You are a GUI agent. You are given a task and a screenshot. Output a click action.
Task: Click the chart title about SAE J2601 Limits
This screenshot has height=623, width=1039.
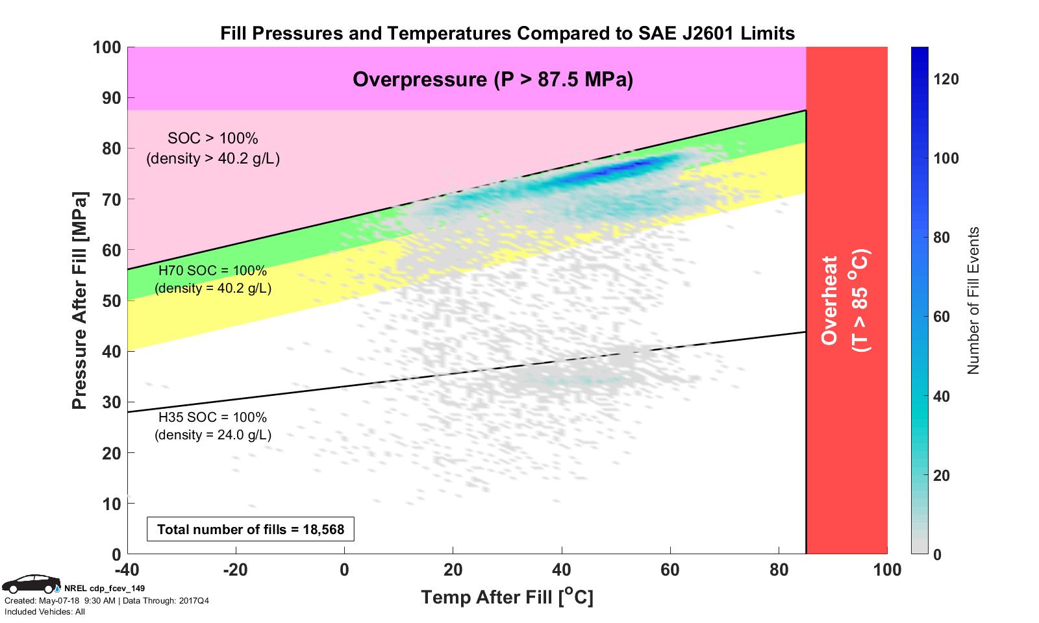(x=507, y=33)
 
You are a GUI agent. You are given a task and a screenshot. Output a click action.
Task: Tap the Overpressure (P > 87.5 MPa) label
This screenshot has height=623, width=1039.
(x=492, y=79)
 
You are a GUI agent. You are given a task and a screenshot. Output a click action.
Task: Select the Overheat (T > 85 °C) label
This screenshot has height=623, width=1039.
(x=845, y=300)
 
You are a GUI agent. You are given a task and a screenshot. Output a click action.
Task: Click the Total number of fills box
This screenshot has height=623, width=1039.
(x=251, y=530)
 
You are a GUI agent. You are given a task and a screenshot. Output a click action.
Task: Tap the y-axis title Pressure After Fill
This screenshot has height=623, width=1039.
(x=79, y=300)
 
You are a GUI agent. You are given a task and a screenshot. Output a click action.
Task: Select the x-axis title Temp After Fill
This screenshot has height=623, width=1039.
(x=507, y=597)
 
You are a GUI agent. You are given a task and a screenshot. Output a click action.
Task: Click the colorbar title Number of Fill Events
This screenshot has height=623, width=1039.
(x=972, y=300)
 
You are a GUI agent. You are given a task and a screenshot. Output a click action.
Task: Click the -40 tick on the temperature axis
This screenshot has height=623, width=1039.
(x=128, y=570)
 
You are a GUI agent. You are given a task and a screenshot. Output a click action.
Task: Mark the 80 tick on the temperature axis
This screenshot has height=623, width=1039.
(x=779, y=570)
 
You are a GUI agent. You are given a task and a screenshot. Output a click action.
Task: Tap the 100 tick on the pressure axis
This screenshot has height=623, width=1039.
(x=106, y=47)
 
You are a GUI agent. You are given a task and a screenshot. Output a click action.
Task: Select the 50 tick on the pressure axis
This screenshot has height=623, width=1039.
(x=112, y=301)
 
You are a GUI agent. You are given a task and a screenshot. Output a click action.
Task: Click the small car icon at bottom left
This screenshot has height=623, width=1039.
(x=30, y=583)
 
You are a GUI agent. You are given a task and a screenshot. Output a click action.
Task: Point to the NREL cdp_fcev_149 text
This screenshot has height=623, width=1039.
(x=105, y=588)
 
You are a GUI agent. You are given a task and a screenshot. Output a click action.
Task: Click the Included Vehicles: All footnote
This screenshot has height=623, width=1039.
(x=45, y=612)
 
